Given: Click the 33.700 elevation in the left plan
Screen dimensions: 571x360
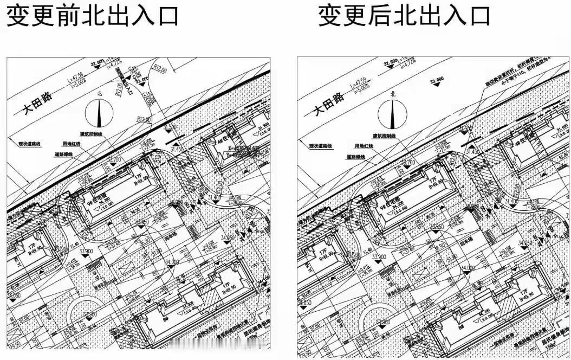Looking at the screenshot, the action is pos(114,160).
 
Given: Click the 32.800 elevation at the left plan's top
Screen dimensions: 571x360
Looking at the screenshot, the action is pos(98,63).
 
